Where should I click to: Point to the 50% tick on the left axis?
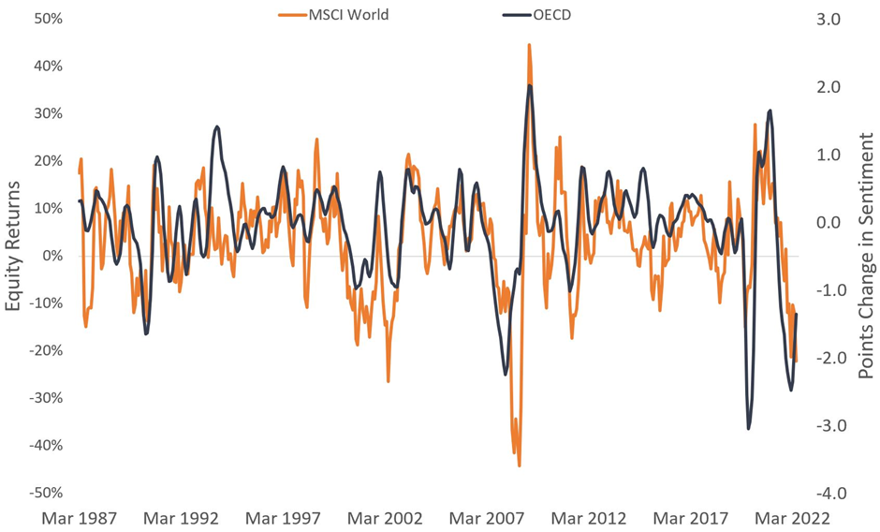pos(49,19)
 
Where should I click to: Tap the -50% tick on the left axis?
pos(46,493)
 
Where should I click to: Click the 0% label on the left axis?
pos(52,256)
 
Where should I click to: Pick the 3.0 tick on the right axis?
pos(830,19)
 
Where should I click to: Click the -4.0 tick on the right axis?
pos(828,493)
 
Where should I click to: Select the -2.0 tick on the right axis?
pos(828,358)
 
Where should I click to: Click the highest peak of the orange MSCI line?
pos(529,44)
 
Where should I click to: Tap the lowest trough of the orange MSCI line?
pos(519,465)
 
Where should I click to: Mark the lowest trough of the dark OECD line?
pos(749,429)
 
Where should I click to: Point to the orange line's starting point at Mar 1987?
pos(79,172)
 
